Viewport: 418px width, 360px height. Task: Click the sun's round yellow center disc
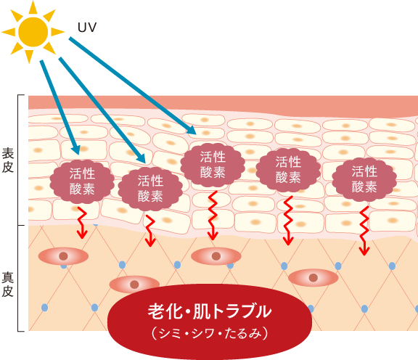click(33, 32)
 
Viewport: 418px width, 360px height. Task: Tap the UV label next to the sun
click(87, 28)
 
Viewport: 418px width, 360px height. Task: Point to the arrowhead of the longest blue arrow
click(192, 131)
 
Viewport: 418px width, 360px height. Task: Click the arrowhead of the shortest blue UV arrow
click(75, 150)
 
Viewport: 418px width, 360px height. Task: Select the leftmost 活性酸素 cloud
click(82, 181)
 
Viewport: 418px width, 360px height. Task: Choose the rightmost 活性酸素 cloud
click(364, 179)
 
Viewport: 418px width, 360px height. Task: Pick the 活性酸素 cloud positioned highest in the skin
click(213, 165)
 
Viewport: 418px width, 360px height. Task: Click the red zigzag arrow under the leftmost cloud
click(82, 223)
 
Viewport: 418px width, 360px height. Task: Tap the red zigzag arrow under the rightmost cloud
click(364, 231)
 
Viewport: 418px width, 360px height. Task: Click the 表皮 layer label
click(8, 160)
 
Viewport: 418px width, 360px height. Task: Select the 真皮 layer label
click(7, 285)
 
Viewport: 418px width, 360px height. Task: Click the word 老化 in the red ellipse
click(165, 311)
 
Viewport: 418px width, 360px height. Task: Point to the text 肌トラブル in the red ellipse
click(232, 311)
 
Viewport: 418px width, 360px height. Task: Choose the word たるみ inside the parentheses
click(242, 333)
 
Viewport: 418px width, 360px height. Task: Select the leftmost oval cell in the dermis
click(63, 256)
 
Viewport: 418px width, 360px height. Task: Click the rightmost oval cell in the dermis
click(313, 277)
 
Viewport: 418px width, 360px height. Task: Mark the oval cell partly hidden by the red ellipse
click(134, 283)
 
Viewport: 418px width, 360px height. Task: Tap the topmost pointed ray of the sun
click(33, 7)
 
